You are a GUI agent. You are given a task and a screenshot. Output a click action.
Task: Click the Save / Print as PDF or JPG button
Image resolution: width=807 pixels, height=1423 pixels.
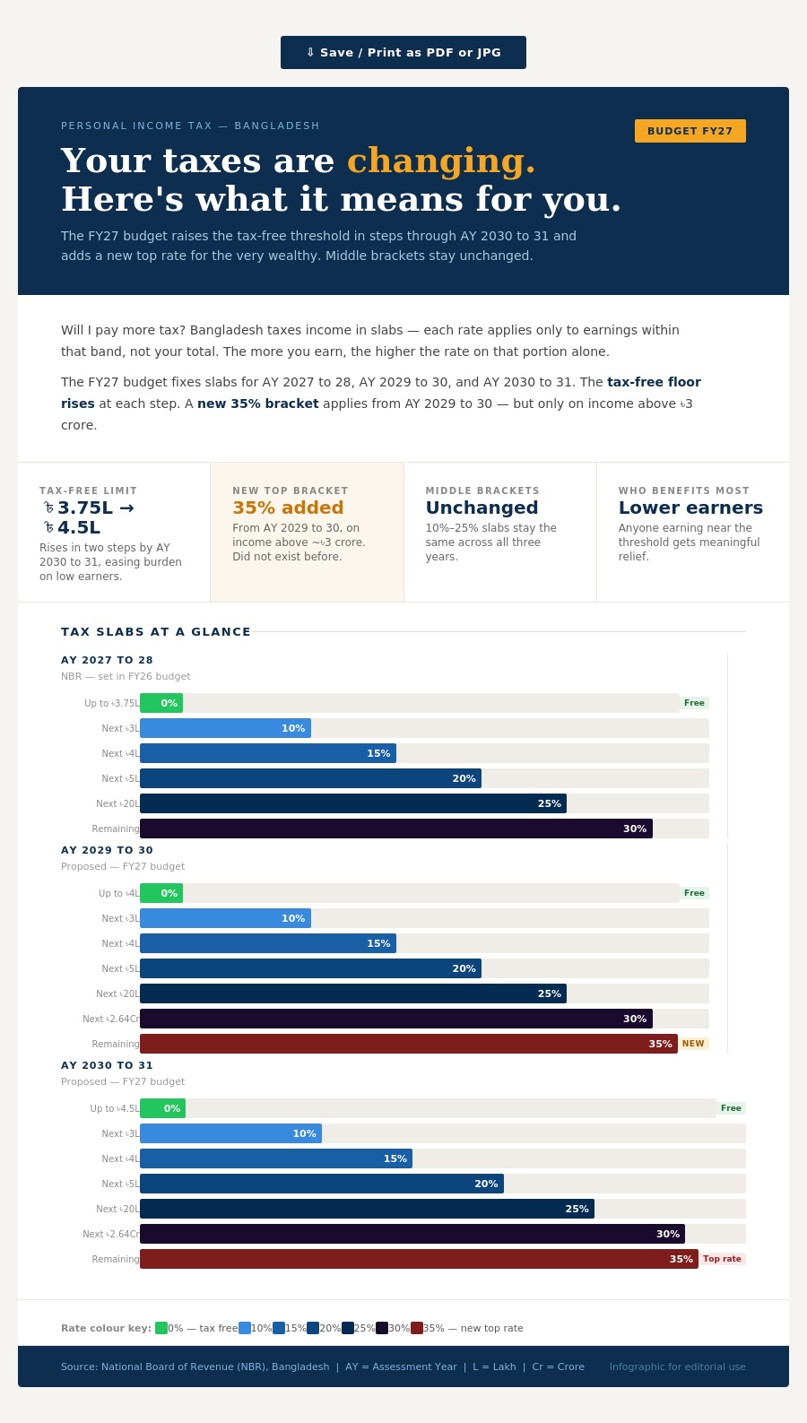(403, 52)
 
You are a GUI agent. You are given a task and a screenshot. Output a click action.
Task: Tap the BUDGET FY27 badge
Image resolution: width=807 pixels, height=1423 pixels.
(690, 131)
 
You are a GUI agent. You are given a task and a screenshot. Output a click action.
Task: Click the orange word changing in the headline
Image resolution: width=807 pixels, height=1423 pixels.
(441, 161)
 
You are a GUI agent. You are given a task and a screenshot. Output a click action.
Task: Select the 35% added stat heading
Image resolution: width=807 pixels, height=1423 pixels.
(288, 508)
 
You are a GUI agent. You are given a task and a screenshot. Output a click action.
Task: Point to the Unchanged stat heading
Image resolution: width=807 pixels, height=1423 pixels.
(482, 508)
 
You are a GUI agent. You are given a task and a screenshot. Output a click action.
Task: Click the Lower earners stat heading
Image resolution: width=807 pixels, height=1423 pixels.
(690, 508)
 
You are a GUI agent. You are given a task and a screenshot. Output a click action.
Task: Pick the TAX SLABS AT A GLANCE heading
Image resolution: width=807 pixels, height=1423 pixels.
(156, 631)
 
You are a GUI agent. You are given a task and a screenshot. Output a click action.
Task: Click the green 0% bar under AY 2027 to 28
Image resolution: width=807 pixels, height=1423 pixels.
(161, 703)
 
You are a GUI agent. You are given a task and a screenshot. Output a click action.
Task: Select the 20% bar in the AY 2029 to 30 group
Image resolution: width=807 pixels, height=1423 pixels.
(311, 968)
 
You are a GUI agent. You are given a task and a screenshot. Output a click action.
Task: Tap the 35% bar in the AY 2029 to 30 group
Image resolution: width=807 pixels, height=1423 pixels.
(409, 1044)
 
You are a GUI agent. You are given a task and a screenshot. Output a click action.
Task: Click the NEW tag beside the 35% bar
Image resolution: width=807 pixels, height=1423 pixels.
(693, 1044)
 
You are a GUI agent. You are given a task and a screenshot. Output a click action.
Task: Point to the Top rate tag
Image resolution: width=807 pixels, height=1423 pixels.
(722, 1259)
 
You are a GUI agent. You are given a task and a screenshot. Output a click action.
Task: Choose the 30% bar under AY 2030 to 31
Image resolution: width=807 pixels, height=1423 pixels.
(412, 1234)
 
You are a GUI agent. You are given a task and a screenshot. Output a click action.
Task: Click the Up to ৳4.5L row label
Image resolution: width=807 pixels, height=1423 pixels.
(115, 1108)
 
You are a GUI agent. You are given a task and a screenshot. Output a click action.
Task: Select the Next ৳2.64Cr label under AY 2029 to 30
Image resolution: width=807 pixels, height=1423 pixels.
(110, 1019)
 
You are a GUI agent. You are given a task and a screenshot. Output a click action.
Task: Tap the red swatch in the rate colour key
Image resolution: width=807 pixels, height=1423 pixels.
(417, 1328)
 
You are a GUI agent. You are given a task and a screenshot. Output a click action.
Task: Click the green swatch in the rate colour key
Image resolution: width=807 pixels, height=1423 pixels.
(161, 1328)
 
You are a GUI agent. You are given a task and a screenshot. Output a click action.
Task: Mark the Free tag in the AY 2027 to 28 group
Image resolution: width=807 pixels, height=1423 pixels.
(694, 703)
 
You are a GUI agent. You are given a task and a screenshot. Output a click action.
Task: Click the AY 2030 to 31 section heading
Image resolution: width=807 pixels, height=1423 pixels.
(107, 1065)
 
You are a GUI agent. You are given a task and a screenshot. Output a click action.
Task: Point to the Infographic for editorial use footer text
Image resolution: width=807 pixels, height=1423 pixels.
(677, 1367)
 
